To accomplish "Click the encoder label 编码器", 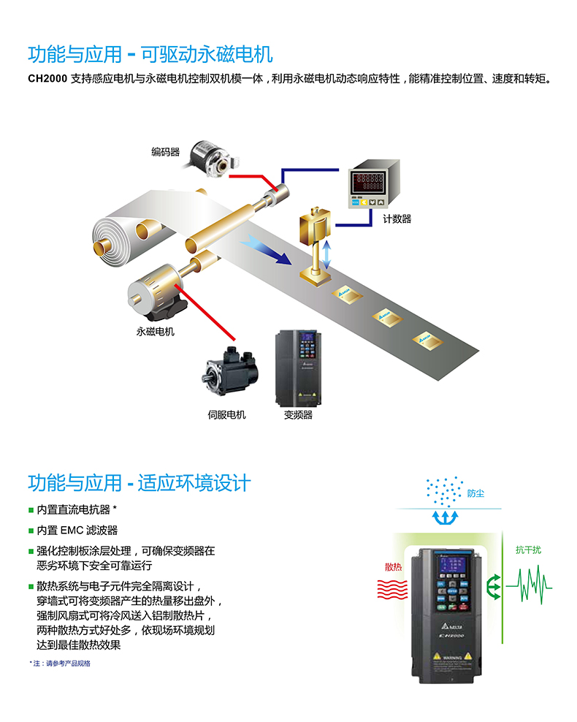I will (165, 152).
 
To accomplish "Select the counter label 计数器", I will (397, 218).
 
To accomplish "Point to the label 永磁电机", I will (155, 331).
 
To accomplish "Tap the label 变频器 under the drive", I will (298, 414).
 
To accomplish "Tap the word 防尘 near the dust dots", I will (475, 493).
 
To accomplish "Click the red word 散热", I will (393, 566).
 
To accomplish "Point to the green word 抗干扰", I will (528, 550).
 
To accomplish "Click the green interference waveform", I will (534, 585).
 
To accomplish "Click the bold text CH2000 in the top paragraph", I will (47, 77).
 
